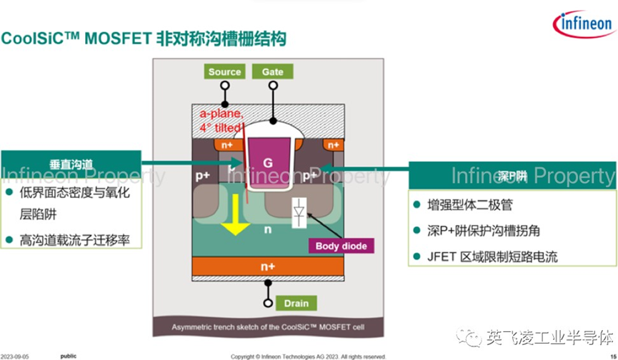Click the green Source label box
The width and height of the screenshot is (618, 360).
click(x=225, y=71)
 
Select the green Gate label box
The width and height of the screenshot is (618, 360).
click(x=272, y=71)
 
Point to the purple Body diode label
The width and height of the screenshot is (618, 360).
click(x=341, y=246)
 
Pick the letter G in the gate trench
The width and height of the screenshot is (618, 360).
click(x=268, y=164)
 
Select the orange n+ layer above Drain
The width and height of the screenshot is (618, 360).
click(x=268, y=266)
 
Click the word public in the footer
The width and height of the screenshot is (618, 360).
click(x=68, y=355)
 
